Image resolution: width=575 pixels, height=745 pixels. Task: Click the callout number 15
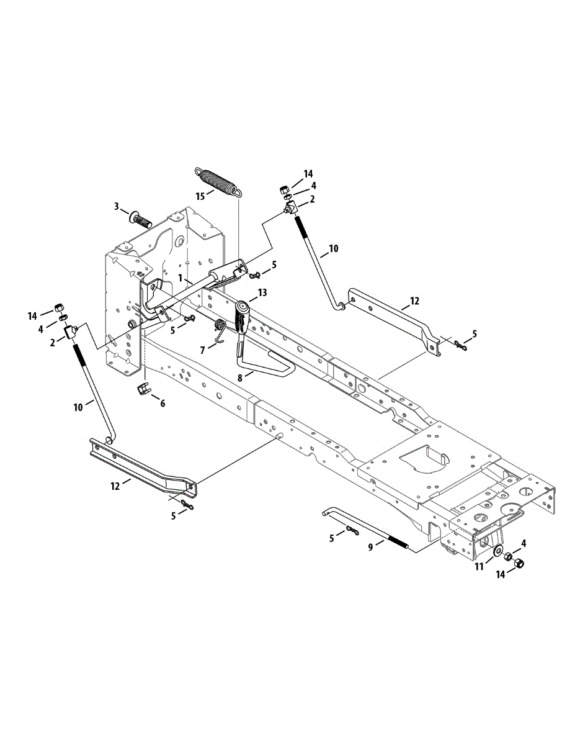[x=200, y=196]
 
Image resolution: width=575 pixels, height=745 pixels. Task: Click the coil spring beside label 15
[x=216, y=181]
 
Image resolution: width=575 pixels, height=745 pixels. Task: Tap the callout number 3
[x=116, y=205]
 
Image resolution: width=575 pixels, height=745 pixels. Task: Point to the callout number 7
[x=202, y=350]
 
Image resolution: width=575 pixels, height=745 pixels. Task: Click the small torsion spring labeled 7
[x=219, y=327]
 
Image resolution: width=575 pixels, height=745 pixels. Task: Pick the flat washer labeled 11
[x=497, y=551]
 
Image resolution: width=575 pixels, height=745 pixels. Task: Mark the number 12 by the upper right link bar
[x=414, y=301]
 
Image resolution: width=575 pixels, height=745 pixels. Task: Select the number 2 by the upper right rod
[x=312, y=199]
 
